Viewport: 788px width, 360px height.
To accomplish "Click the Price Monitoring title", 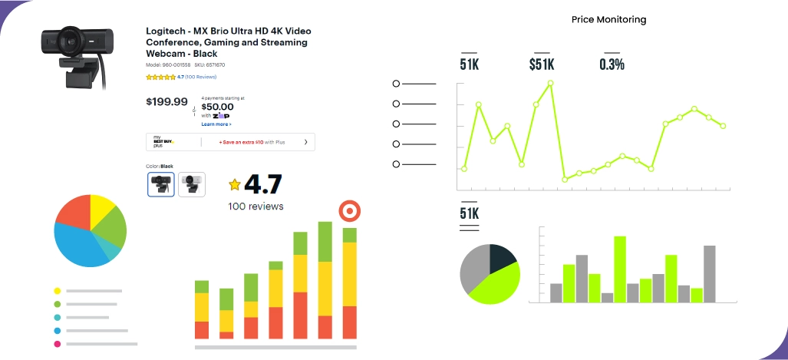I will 608,19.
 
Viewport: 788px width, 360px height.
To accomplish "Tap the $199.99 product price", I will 167,101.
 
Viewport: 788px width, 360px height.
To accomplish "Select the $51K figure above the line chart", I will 542,64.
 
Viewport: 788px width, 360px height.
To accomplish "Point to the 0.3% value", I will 612,64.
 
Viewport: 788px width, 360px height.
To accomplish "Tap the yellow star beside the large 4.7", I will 235,185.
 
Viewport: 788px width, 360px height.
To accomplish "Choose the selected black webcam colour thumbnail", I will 160,184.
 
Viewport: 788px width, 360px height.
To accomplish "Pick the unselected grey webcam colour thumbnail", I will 192,184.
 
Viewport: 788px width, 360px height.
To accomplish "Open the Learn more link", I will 216,124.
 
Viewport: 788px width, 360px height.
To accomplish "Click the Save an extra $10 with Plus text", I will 252,142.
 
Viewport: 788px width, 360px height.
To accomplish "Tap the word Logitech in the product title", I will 165,31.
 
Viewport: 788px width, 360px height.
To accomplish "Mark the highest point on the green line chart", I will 550,82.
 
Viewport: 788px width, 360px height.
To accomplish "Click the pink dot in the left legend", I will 58,344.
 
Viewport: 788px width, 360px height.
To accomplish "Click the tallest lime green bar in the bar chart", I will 620,269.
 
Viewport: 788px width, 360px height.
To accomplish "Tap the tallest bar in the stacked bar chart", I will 325,280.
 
